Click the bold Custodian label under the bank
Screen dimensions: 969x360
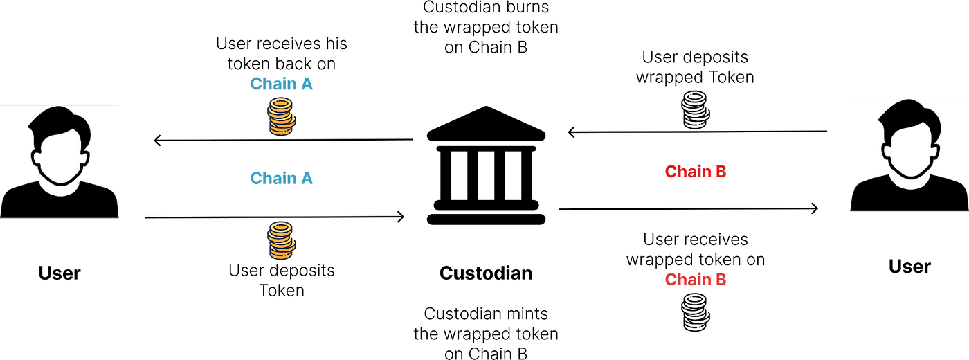pos(486,273)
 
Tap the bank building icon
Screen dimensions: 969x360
pos(486,165)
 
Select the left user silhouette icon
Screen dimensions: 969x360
pos(60,162)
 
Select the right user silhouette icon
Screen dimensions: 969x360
pos(909,155)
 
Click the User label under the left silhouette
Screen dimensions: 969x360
pos(60,273)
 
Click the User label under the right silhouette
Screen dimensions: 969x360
pos(909,267)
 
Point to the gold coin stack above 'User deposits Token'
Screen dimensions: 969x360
pos(281,241)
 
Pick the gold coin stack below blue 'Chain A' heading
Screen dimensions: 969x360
pos(281,116)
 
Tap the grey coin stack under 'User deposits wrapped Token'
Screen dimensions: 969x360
pos(696,110)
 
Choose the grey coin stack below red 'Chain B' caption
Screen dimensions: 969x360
pos(696,312)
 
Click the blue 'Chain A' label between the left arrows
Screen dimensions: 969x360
pos(281,179)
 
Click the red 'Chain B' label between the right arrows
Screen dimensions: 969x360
pos(696,172)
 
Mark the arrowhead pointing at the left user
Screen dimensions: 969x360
pos(155,140)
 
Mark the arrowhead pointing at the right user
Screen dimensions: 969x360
pos(817,208)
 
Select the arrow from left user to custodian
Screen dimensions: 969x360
pos(275,217)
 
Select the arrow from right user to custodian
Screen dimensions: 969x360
pos(698,132)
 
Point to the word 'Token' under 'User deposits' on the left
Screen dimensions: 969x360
pos(282,290)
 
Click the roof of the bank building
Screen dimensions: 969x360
pos(486,125)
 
